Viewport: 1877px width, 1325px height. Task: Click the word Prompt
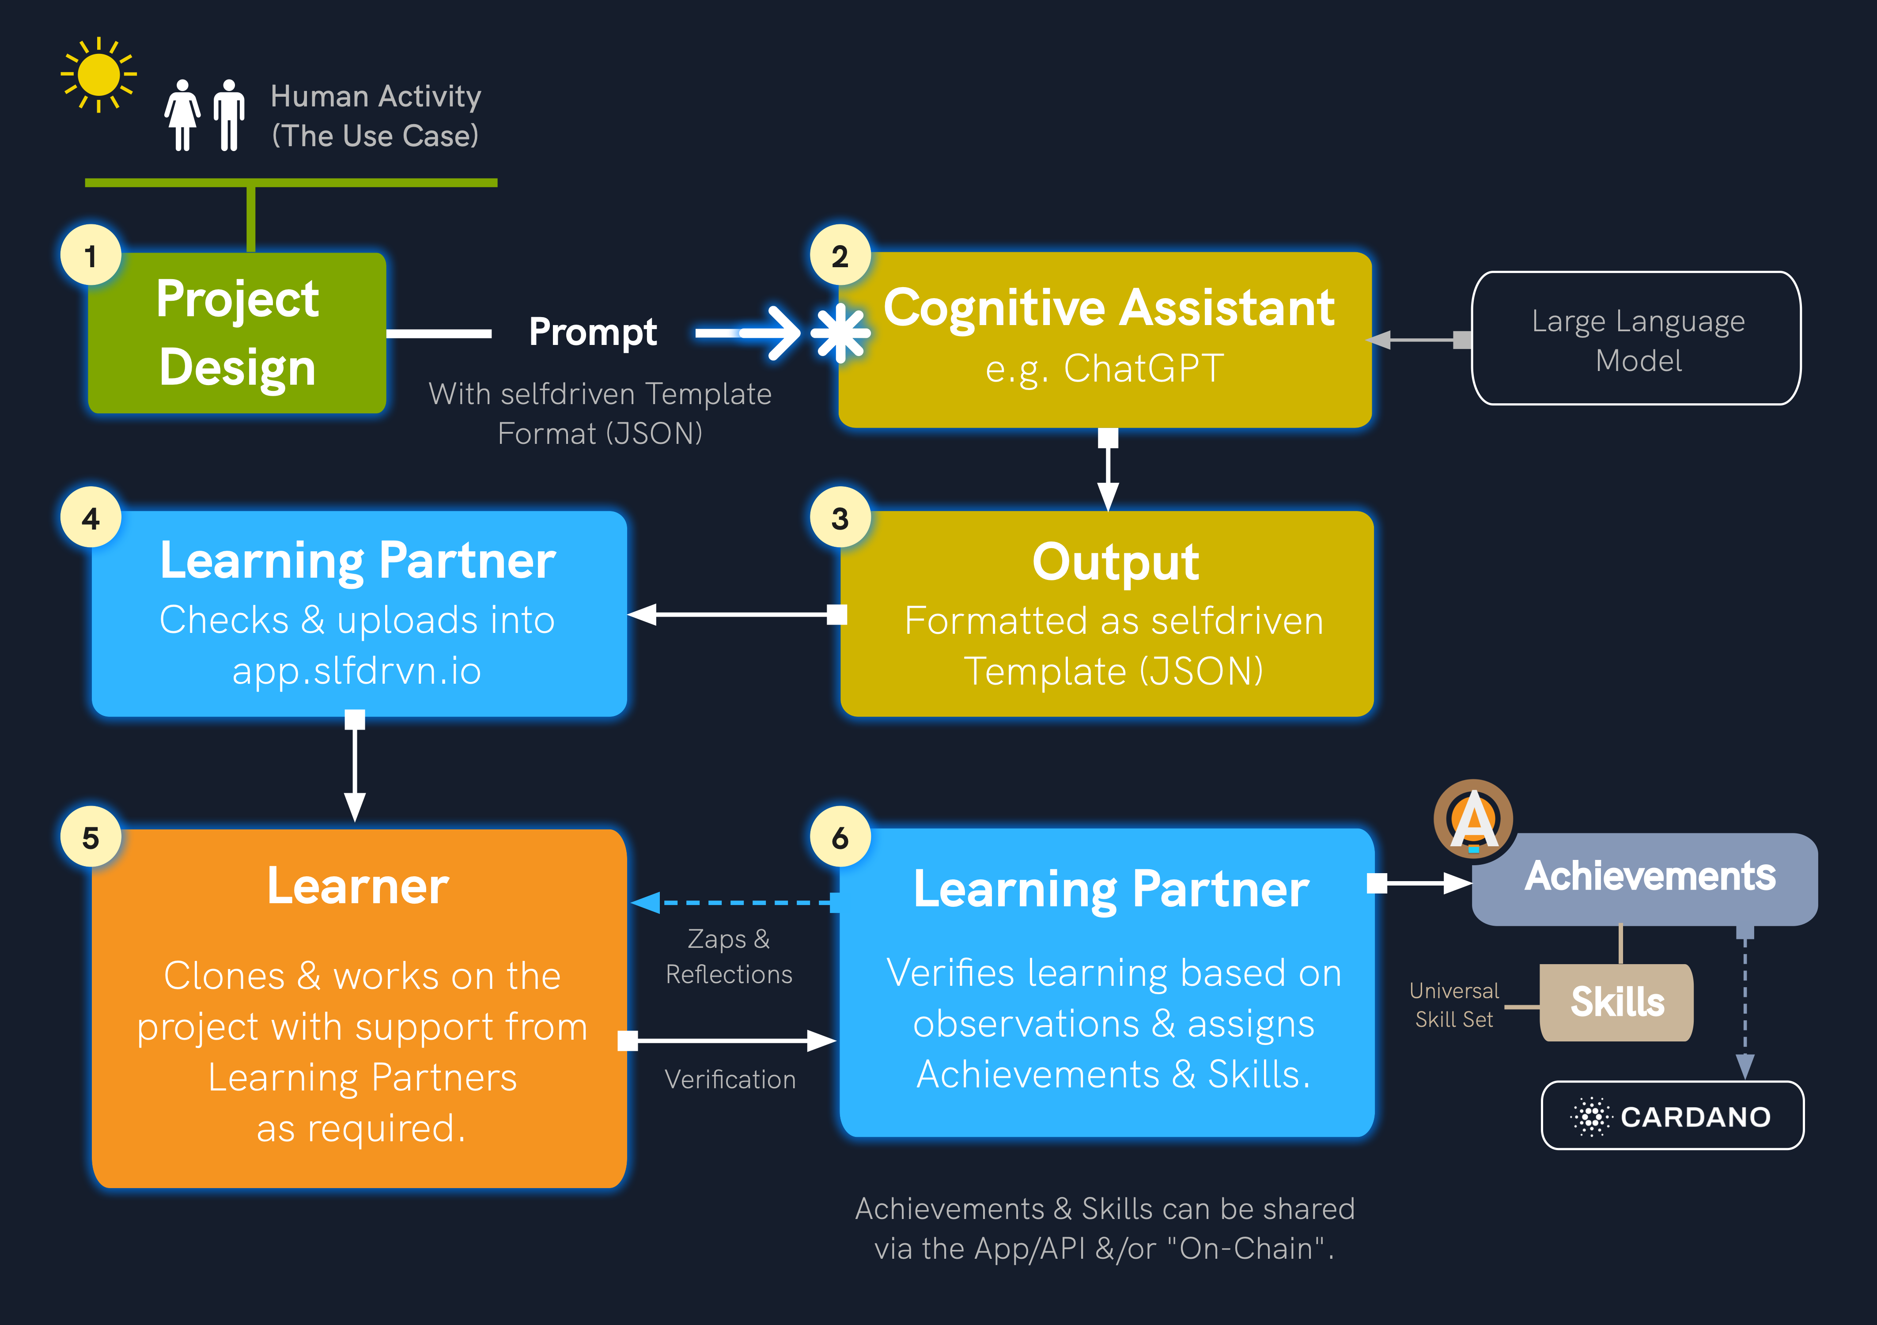pos(593,332)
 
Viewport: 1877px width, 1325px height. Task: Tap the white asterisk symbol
pos(840,333)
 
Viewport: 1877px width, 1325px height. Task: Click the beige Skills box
pos(1616,1002)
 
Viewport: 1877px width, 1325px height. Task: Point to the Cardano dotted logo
pos(1590,1117)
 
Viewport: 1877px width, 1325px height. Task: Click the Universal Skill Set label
pos(1454,1005)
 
